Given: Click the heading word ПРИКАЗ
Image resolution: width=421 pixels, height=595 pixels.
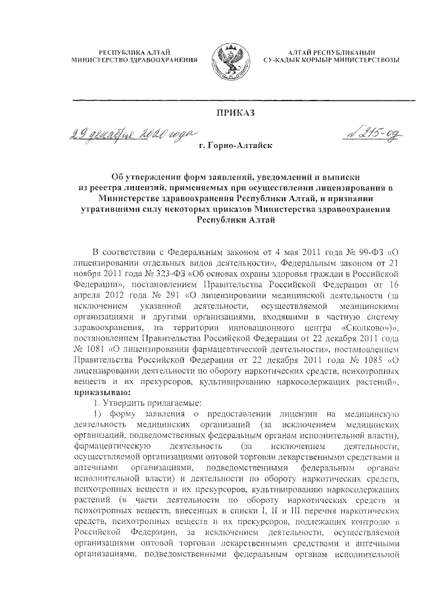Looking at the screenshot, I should (x=235, y=113).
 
